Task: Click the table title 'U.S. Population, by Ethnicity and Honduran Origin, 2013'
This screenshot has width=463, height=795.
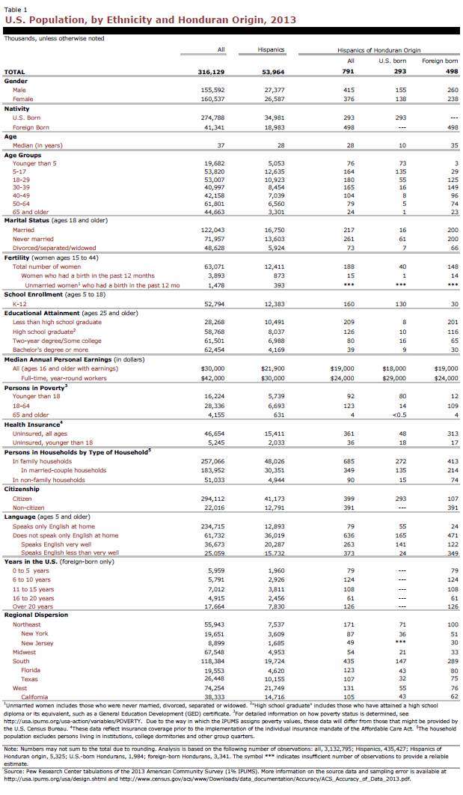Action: coord(150,20)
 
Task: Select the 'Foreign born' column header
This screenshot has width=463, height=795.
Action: coord(441,60)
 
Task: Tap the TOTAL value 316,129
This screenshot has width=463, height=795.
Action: coord(210,72)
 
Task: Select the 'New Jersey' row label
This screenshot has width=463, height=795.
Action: coord(37,642)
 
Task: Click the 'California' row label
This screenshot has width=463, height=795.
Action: coord(36,697)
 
